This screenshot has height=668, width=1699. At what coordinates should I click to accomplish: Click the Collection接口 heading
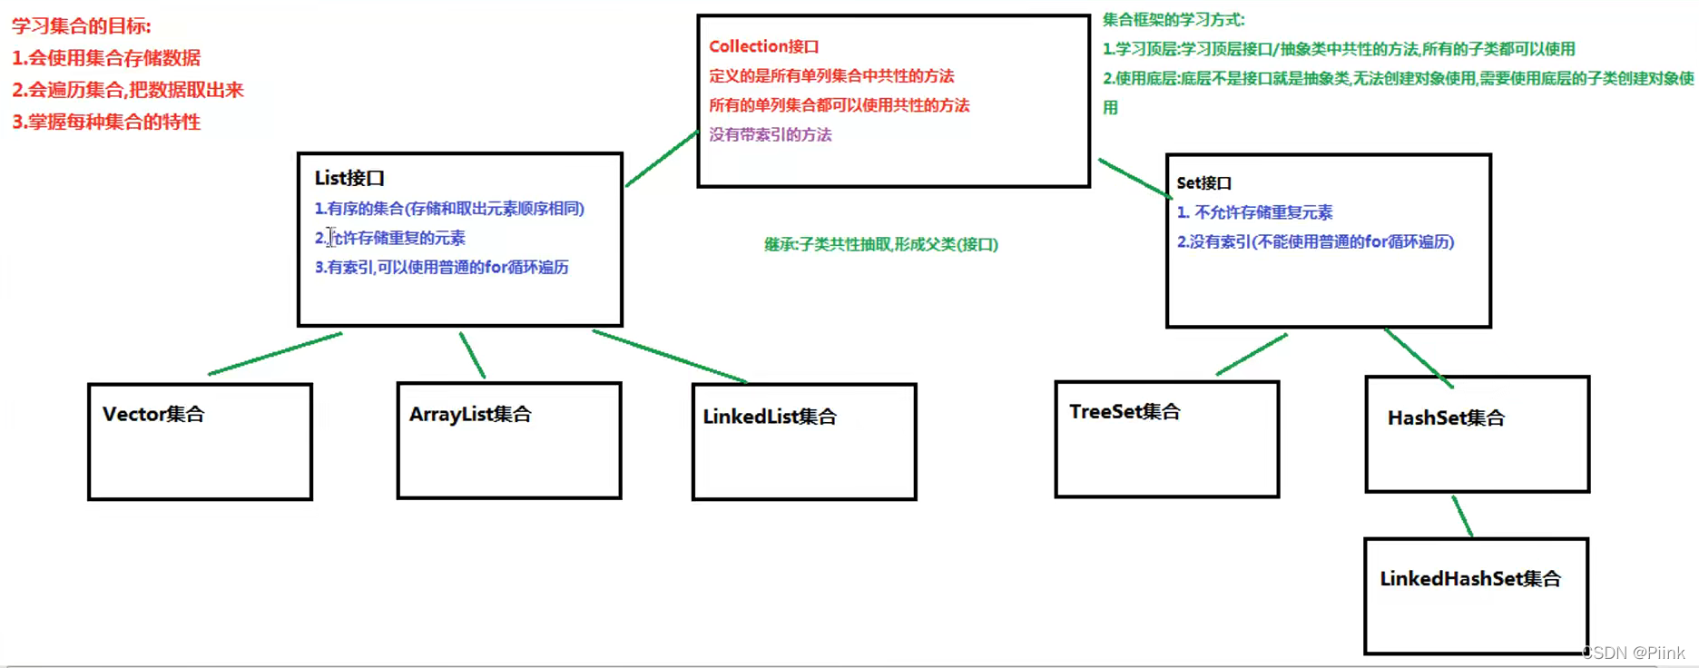[x=763, y=46]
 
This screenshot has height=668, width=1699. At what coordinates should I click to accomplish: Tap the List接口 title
[x=349, y=178]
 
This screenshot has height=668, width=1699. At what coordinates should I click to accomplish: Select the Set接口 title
[x=1203, y=182]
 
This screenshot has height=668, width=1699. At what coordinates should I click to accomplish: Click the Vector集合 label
[x=153, y=414]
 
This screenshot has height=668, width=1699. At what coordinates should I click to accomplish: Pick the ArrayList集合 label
[x=470, y=414]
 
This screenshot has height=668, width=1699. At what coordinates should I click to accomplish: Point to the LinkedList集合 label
[x=770, y=417]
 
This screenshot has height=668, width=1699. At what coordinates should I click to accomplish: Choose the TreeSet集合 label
[x=1124, y=411]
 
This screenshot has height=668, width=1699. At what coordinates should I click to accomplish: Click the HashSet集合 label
[x=1446, y=417]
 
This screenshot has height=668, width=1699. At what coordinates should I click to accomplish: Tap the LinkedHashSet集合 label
[x=1470, y=578]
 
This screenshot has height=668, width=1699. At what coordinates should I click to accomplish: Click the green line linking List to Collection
[x=661, y=160]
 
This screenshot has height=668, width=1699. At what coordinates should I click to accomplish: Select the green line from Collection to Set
[x=1134, y=178]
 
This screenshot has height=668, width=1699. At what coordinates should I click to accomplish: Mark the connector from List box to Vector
[x=275, y=354]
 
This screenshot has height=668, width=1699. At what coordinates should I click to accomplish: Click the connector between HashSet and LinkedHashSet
[x=1462, y=516]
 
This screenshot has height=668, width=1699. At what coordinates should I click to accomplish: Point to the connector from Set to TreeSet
[x=1252, y=354]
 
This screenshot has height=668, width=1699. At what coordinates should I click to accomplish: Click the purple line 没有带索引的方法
[x=770, y=134]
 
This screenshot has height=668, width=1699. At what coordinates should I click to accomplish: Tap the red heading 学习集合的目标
[x=82, y=26]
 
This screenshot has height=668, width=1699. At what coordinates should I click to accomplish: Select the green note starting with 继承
[x=880, y=244]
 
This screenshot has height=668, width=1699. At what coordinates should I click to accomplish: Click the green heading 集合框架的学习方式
[x=1173, y=19]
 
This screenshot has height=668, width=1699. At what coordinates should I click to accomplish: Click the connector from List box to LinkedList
[x=670, y=357]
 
